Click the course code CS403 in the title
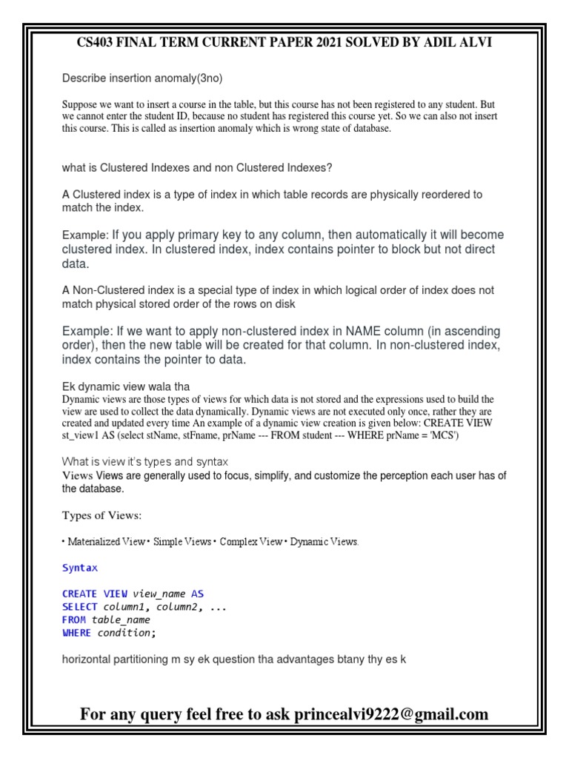[x=99, y=43]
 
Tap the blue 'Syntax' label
[x=79, y=568]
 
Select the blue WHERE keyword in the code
[x=77, y=633]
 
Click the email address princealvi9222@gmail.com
[x=391, y=714]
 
